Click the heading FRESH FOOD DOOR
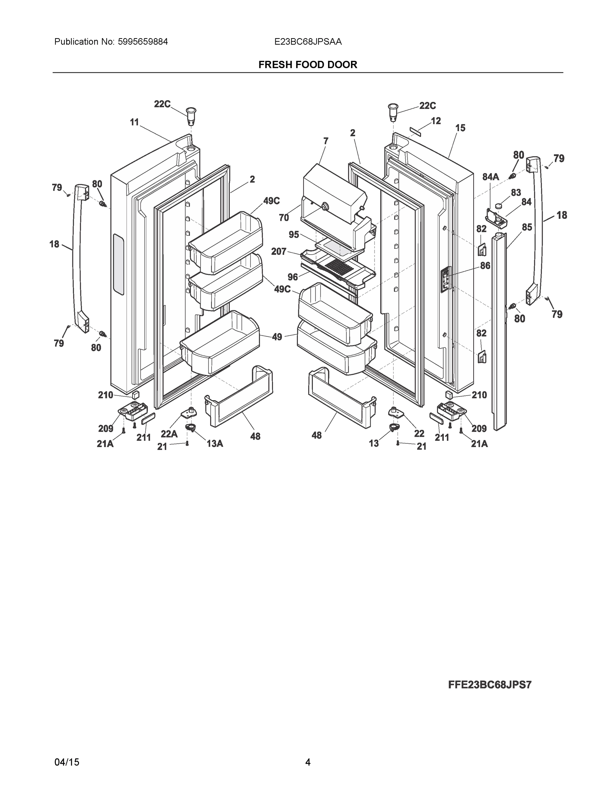[308, 65]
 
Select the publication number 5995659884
[143, 42]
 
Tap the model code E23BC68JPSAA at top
[308, 42]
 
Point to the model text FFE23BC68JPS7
[490, 685]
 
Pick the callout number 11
[135, 122]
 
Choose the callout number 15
[460, 128]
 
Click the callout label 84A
[490, 177]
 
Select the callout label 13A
[215, 443]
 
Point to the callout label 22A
[169, 434]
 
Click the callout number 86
[485, 266]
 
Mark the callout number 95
[294, 235]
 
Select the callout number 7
[325, 140]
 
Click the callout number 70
[284, 218]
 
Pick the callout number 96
[292, 277]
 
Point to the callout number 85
[527, 227]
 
